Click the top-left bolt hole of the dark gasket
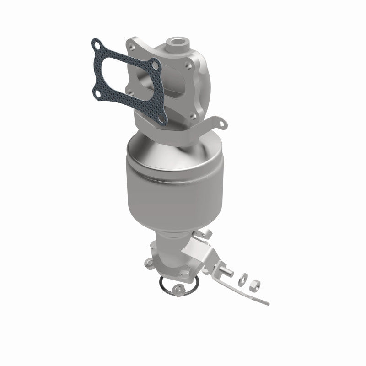click(96, 45)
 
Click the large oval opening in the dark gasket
click(119, 73)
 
